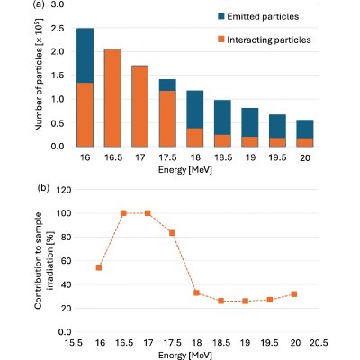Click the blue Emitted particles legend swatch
click(x=221, y=16)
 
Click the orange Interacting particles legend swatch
click(x=221, y=40)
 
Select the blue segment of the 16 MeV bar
click(x=85, y=56)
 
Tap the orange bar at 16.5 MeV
click(x=112, y=98)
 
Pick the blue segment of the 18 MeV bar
click(x=195, y=110)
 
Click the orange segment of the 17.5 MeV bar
click(x=167, y=119)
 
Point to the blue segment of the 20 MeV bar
click(x=305, y=130)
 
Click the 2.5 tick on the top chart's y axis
click(x=58, y=29)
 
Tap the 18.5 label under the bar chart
click(x=223, y=157)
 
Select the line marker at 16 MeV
click(x=99, y=267)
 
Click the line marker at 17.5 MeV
click(x=172, y=233)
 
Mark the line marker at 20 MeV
click(x=294, y=294)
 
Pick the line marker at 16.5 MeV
click(x=123, y=213)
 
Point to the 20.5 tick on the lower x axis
click(x=319, y=343)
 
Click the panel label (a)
click(x=39, y=5)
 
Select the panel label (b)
click(x=43, y=188)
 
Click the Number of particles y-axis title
click(x=39, y=75)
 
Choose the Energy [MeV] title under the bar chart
click(x=185, y=170)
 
